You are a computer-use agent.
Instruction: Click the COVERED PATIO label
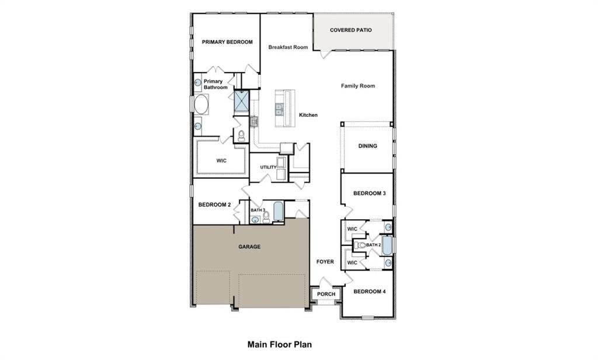pos(350,30)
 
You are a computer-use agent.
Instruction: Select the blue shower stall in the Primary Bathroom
pos(241,102)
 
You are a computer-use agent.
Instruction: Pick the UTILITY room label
pos(268,168)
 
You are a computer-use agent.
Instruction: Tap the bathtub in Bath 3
pos(278,211)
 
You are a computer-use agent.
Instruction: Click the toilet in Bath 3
pos(266,216)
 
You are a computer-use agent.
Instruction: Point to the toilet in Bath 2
pos(361,245)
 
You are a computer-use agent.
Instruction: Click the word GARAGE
pos(249,247)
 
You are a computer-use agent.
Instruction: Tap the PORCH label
pos(326,294)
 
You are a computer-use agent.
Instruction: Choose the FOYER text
pos(325,262)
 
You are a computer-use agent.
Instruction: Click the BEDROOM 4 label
pos(369,292)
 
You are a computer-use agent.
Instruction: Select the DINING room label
pos(367,146)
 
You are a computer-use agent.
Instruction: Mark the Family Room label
pos(358,86)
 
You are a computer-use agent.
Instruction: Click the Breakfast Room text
pos(288,47)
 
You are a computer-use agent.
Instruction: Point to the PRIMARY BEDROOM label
pos(227,42)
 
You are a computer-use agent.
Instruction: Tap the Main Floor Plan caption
pos(279,345)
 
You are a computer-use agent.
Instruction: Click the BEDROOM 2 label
pos(214,205)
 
